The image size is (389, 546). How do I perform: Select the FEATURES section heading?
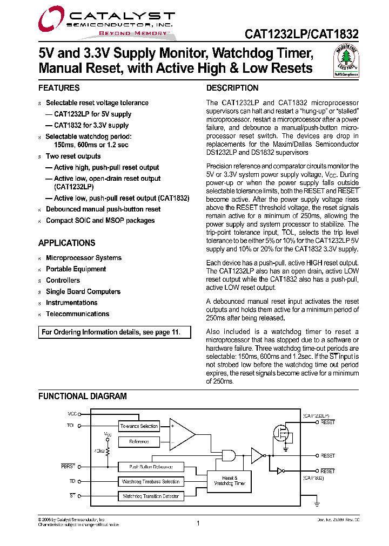(x=59, y=88)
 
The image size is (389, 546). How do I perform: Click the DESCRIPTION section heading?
(x=232, y=88)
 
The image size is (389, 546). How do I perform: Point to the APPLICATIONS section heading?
(x=66, y=243)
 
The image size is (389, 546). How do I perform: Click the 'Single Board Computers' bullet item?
(x=83, y=291)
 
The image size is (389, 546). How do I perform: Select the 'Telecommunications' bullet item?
(x=77, y=314)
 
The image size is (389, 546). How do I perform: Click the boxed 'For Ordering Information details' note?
(x=115, y=332)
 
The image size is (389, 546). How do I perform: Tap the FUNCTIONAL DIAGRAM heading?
(x=82, y=396)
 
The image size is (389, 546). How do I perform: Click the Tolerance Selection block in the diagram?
(x=139, y=426)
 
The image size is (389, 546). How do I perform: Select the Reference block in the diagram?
(x=139, y=441)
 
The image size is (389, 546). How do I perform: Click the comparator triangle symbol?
(x=182, y=434)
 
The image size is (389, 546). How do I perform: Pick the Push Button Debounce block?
(x=151, y=467)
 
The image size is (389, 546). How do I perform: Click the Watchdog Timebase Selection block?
(x=151, y=481)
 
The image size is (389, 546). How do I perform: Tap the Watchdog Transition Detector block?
(x=151, y=496)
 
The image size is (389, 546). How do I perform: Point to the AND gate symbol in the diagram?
(x=231, y=456)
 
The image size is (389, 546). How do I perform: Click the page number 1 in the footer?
(x=198, y=523)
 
